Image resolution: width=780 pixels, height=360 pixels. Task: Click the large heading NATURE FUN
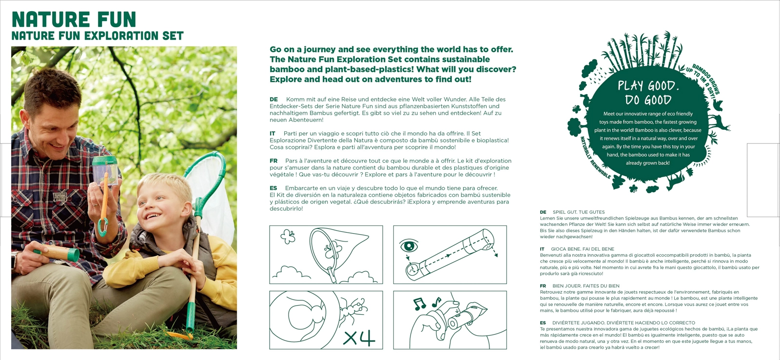click(x=74, y=20)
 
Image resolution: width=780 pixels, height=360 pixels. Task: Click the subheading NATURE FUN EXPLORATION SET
click(x=97, y=36)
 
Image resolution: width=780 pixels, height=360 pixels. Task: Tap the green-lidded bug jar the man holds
click(x=105, y=171)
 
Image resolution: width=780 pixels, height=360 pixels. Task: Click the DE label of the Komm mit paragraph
click(x=273, y=100)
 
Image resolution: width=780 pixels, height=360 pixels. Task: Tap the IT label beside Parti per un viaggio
click(x=273, y=134)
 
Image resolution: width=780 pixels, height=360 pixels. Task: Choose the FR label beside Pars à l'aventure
click(x=273, y=161)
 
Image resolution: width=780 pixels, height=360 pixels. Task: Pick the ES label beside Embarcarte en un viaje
click(x=273, y=188)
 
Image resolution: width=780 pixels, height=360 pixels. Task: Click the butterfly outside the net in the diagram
click(x=288, y=237)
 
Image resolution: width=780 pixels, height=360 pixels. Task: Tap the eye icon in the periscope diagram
click(x=409, y=246)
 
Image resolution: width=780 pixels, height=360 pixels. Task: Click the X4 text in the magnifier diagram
click(x=359, y=338)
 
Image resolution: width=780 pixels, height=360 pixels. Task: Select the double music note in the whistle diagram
click(x=419, y=304)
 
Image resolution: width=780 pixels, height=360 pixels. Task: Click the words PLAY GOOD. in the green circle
click(x=648, y=86)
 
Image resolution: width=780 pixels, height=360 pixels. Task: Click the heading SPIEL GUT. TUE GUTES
click(x=579, y=212)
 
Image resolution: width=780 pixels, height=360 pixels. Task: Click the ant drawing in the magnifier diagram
click(x=353, y=308)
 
